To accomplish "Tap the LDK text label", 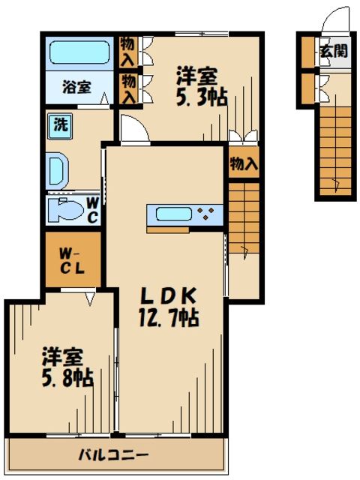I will click(168, 295).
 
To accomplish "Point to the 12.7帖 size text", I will click(168, 318).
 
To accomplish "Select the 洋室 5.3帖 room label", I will click(202, 86).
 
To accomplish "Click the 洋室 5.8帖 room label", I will click(67, 367).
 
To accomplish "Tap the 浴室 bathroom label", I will click(76, 86).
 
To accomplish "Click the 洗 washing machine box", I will click(58, 124).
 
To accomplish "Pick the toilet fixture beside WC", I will click(64, 210).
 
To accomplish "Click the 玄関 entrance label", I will click(333, 52).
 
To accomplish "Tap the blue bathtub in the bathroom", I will click(79, 52).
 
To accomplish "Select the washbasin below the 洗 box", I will click(57, 170).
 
